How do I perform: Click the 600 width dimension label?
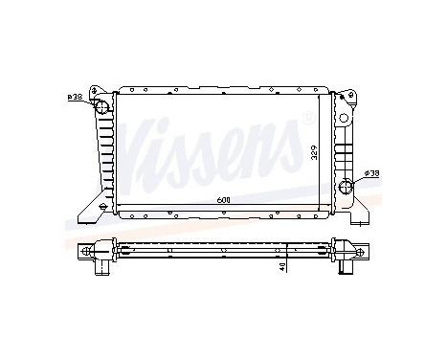221,198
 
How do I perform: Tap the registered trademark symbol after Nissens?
305,117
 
